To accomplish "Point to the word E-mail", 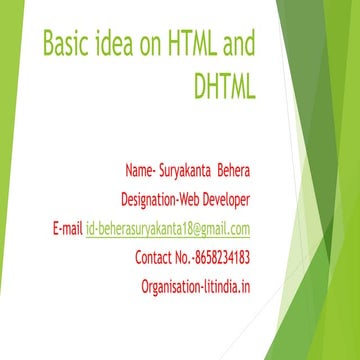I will tap(67, 228).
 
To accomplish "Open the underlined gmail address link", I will tap(168, 228).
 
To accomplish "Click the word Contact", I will tap(155, 259).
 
